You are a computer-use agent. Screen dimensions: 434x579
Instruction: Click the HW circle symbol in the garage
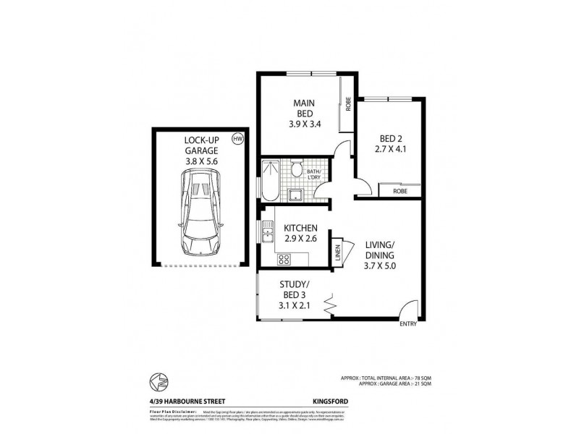(x=236, y=138)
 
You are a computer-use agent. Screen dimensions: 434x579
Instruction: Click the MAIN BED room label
(x=303, y=113)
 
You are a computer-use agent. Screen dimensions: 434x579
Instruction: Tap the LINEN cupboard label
(x=337, y=252)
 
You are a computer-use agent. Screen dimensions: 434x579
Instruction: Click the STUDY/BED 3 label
(x=295, y=294)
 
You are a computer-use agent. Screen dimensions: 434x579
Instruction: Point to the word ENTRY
(x=408, y=324)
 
